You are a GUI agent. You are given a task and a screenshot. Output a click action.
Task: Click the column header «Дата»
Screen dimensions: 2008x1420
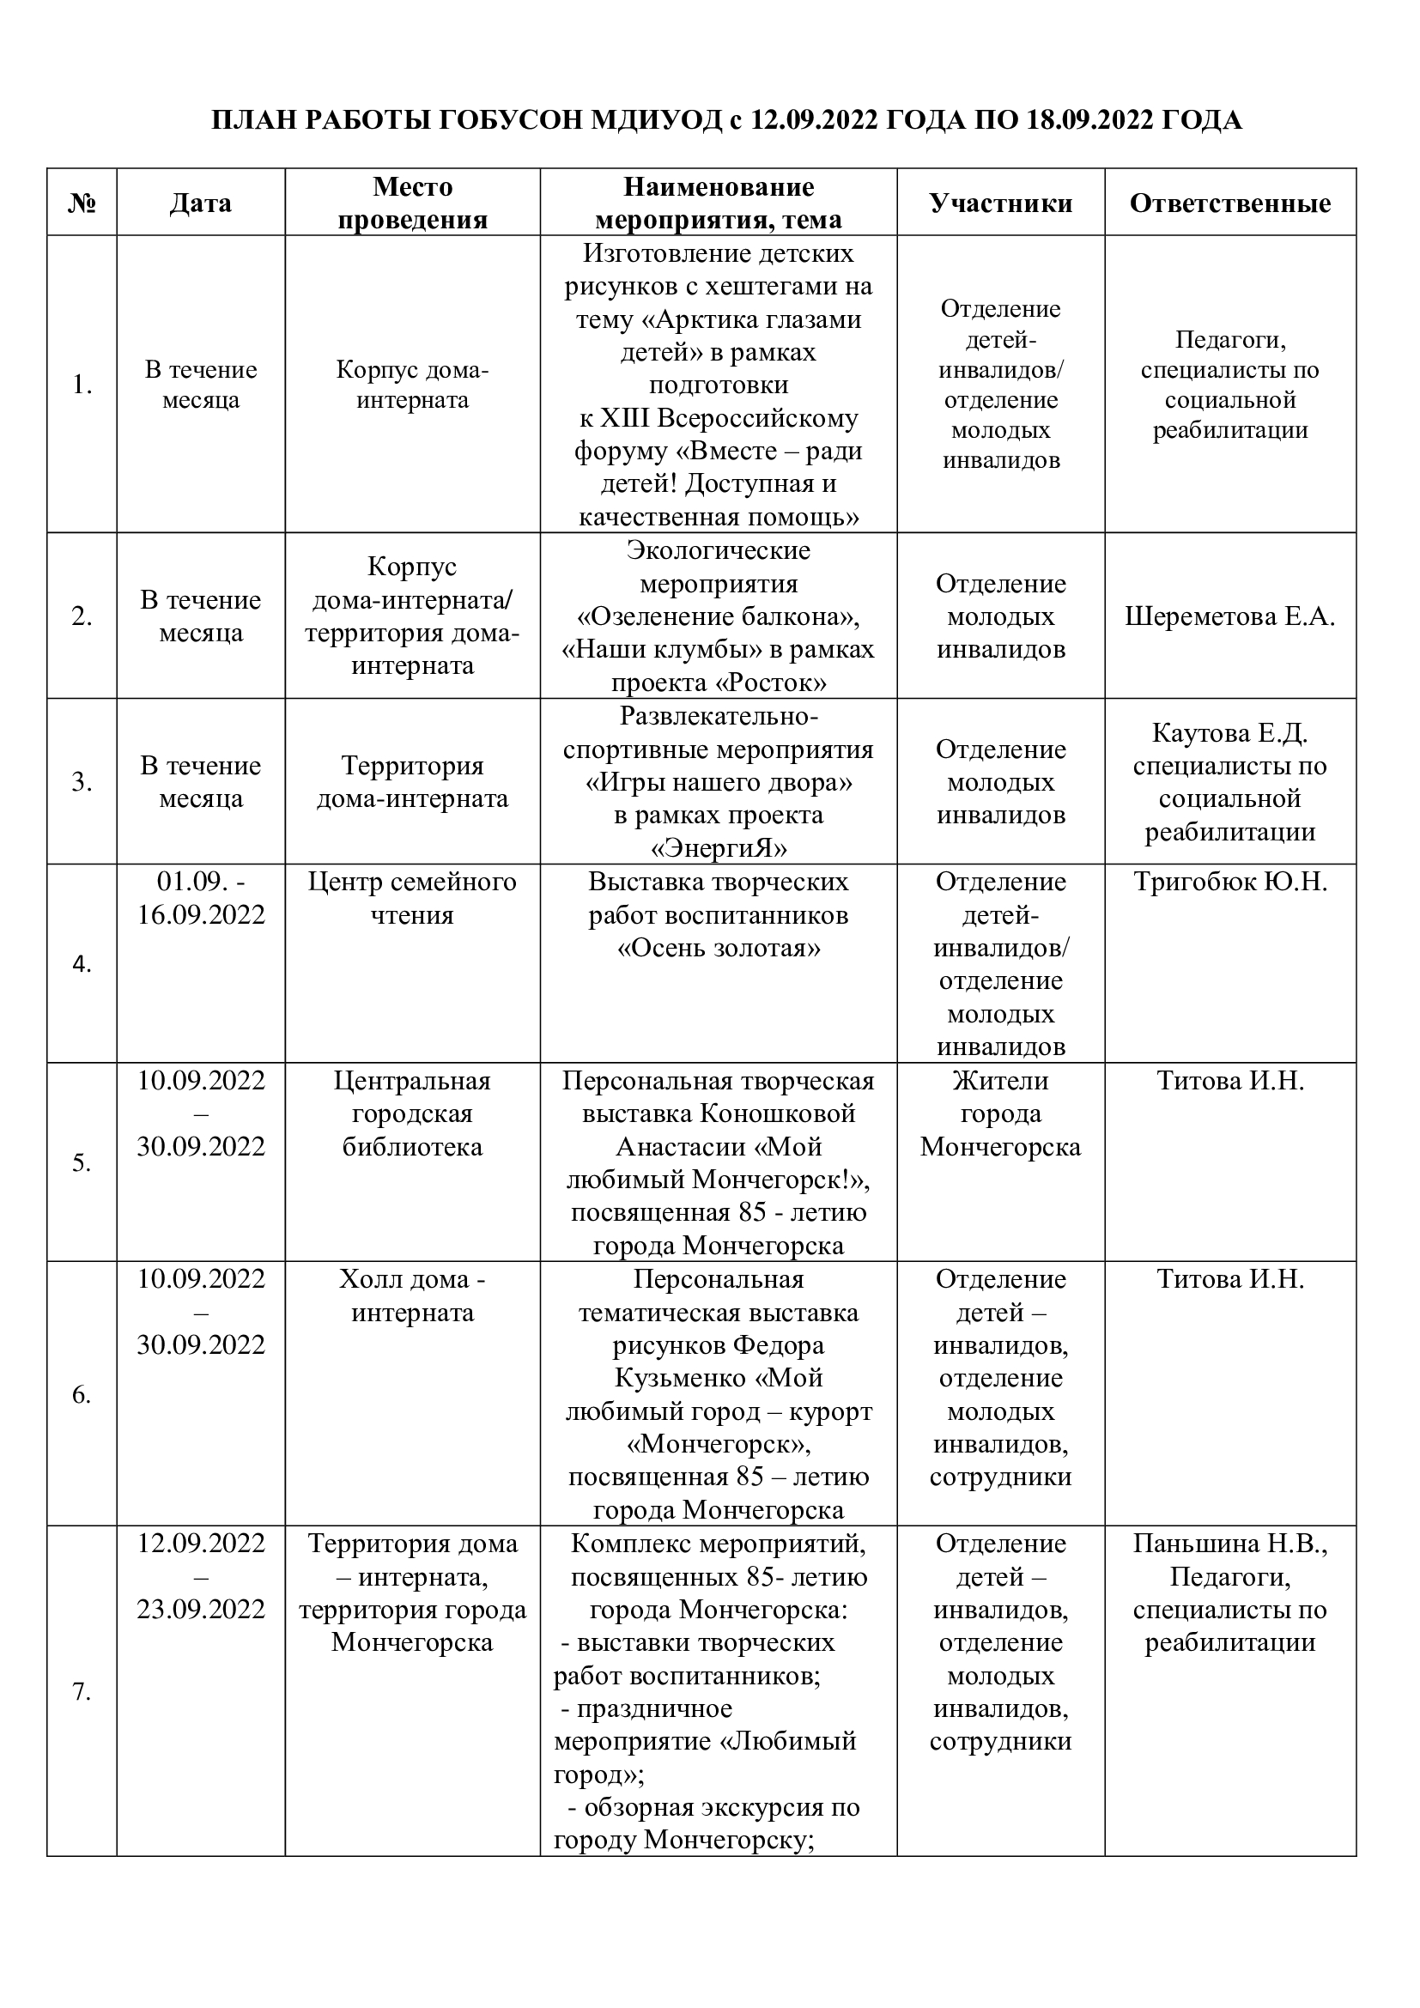(200, 203)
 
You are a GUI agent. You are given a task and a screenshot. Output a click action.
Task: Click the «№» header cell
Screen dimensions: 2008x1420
(82, 203)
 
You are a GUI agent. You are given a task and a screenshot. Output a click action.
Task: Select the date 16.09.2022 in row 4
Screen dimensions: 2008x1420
(200, 915)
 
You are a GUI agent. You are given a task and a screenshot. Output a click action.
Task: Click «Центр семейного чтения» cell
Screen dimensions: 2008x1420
(412, 898)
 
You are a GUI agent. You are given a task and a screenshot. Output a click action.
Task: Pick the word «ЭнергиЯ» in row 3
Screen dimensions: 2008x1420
(719, 848)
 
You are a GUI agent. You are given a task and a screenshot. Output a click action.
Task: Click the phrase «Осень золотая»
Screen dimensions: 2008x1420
(719, 948)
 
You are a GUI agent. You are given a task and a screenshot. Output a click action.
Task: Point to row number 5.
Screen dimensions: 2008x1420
(82, 1163)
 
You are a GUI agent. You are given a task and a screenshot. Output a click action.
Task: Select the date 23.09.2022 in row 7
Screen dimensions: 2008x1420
(200, 1609)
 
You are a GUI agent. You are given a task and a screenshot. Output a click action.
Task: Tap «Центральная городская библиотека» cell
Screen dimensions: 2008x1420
(412, 1113)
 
